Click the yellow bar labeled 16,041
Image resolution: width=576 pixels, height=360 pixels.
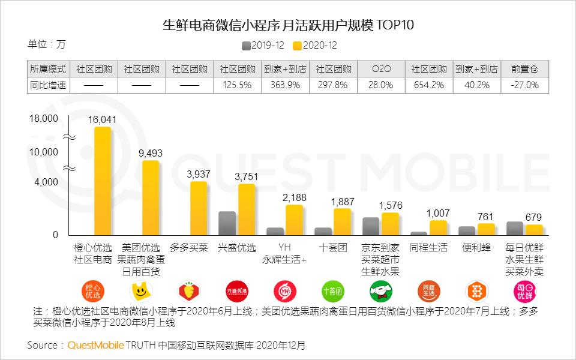click(103, 181)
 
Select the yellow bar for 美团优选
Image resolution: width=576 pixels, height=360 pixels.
click(151, 197)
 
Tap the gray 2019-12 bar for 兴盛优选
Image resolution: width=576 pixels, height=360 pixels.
click(227, 223)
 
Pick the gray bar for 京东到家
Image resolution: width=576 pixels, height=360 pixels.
click(371, 226)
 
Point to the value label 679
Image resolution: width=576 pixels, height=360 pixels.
click(534, 217)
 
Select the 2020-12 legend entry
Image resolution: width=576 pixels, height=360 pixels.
click(315, 46)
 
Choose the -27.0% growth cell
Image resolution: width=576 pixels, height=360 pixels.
click(524, 85)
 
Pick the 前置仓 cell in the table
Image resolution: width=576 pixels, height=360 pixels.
click(524, 69)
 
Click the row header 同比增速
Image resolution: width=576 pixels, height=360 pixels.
click(49, 85)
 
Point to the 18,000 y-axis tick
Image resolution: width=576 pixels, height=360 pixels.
click(44, 118)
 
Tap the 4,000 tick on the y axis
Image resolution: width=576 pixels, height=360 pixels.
click(46, 182)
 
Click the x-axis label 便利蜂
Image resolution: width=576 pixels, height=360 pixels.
click(476, 247)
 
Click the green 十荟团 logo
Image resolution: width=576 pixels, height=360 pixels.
click(332, 292)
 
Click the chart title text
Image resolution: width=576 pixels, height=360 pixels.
click(288, 26)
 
